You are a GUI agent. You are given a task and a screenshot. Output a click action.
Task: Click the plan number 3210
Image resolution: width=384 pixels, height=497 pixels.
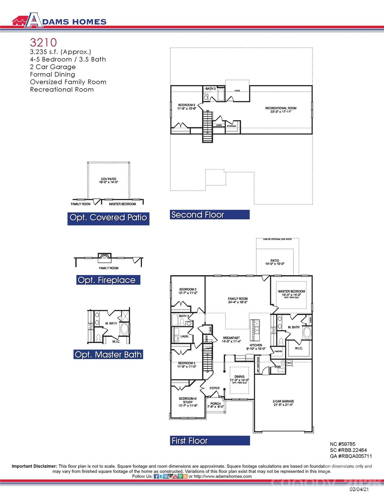pos(43,42)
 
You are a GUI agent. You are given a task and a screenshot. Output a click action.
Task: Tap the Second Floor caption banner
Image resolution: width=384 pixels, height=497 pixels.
pos(209,215)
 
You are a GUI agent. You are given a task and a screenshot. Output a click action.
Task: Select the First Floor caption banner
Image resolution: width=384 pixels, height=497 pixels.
pos(210,441)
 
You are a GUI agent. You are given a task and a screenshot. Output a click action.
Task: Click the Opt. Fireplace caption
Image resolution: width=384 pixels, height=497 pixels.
pos(108,280)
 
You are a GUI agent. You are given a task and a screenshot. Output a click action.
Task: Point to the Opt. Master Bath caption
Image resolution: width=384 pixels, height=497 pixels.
pos(108,355)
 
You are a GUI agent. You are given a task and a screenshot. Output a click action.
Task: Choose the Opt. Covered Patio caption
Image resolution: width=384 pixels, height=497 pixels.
pos(108,218)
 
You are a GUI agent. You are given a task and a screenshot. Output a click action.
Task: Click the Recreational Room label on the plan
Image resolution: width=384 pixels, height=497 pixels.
pos(280,110)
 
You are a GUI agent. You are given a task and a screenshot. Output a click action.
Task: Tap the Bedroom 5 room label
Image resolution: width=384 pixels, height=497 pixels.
pos(187,107)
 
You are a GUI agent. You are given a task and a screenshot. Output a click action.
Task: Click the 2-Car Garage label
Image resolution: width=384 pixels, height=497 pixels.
pos(283,403)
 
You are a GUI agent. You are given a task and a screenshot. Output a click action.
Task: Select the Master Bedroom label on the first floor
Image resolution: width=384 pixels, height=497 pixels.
pos(291,293)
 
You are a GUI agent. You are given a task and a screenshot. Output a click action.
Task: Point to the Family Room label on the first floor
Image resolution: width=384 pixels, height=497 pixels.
pos(237,300)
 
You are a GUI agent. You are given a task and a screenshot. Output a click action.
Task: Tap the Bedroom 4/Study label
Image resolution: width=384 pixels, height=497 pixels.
pos(188,402)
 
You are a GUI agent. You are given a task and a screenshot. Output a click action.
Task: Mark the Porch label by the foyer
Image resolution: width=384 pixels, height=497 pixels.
pos(215,405)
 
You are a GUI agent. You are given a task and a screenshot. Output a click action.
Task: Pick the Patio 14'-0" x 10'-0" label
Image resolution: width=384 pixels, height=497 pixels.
pos(275,262)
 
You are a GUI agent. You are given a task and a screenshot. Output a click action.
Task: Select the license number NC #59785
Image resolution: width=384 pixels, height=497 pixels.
pos(342,444)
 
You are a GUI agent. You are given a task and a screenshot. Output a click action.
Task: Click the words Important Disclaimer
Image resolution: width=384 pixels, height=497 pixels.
pos(34,466)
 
